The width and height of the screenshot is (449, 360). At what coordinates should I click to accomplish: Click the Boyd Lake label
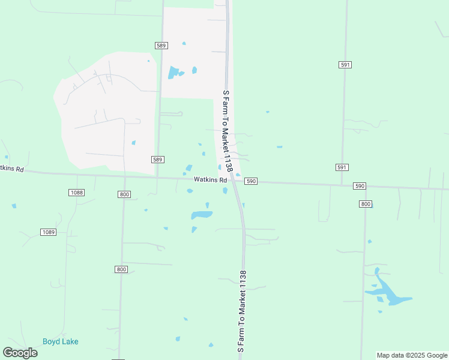click(x=60, y=341)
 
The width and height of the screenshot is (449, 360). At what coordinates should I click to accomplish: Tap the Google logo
click(x=20, y=353)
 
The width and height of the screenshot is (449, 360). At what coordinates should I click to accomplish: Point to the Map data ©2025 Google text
click(x=411, y=355)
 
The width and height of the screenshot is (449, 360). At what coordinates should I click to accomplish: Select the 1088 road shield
click(x=76, y=193)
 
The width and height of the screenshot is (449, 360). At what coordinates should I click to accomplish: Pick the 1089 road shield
click(x=49, y=232)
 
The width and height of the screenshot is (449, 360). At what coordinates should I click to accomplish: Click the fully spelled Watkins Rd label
click(x=210, y=180)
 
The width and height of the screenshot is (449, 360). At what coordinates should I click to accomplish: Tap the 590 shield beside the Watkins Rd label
click(x=251, y=181)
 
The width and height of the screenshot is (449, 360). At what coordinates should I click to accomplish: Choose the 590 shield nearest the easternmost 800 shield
click(x=360, y=186)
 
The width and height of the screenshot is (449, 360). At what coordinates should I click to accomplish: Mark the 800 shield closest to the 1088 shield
click(x=124, y=194)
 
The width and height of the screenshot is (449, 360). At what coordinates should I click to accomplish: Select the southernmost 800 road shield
click(x=122, y=269)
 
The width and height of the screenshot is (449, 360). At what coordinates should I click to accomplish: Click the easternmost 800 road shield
click(x=366, y=204)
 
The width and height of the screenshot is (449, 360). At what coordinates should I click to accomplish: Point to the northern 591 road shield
click(x=345, y=64)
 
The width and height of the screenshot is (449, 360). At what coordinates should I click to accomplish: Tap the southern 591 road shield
click(x=342, y=167)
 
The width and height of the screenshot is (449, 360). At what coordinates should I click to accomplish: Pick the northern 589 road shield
click(x=161, y=45)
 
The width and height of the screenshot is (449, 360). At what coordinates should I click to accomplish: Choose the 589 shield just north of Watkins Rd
click(x=157, y=159)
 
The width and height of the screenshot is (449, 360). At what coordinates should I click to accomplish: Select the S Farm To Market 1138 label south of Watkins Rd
click(x=243, y=311)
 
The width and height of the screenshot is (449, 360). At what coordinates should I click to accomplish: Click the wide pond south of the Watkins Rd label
click(x=202, y=215)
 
